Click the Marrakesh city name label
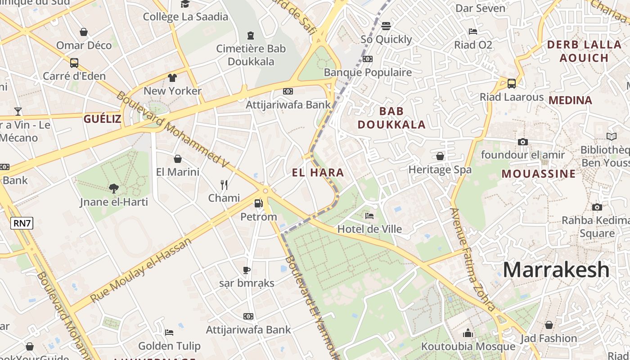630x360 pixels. point(556,270)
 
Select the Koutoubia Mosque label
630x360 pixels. point(468,346)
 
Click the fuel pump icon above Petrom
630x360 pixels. point(258,203)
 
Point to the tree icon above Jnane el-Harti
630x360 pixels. point(114,188)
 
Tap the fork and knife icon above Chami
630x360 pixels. point(224,184)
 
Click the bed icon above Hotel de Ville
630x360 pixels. point(369,216)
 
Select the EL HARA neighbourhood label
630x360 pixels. point(318,172)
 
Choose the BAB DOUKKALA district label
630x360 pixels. point(391,118)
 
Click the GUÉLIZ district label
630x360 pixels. point(102,119)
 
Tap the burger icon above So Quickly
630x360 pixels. point(386,26)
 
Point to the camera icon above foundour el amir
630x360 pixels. point(522,142)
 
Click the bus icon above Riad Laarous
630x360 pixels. point(512,83)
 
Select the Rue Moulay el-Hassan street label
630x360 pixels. point(141,270)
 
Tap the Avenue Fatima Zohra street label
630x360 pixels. point(473,260)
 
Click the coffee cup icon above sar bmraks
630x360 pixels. point(247,270)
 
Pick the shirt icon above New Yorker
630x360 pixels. point(172,77)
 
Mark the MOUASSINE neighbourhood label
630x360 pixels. point(539,174)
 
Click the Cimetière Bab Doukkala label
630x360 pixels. point(251,55)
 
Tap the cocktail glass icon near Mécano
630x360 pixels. point(18,111)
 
